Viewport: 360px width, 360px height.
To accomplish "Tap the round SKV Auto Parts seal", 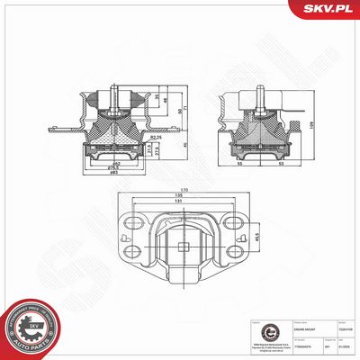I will [x=31, y=328].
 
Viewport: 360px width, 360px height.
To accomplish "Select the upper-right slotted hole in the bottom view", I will [x=238, y=222].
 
